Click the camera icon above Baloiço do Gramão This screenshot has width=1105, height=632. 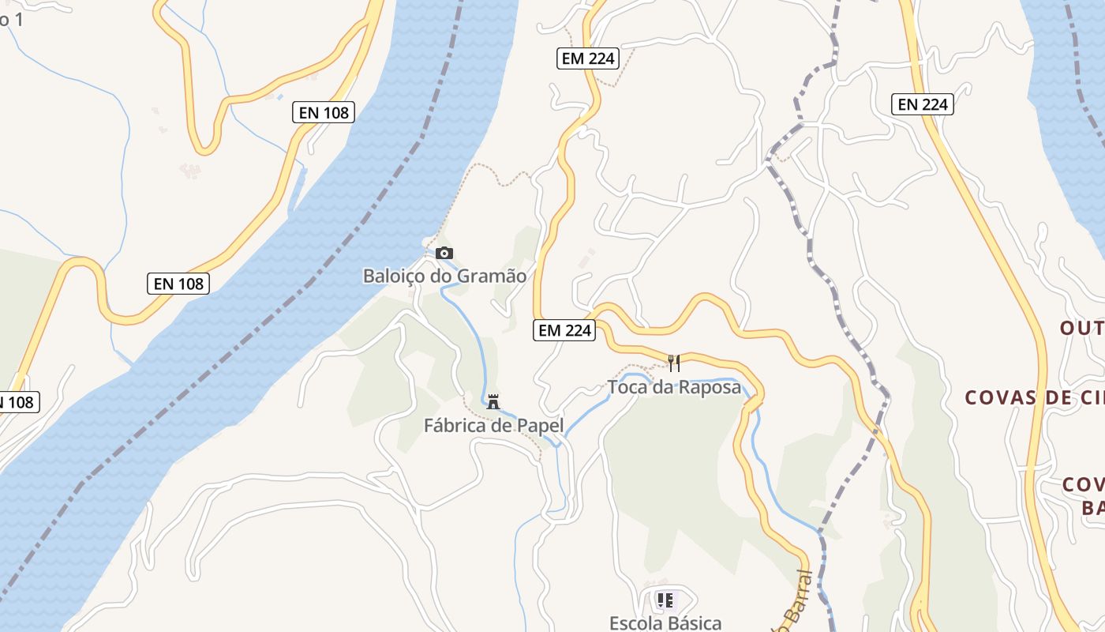[444, 253]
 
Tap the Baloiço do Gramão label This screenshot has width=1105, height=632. [444, 276]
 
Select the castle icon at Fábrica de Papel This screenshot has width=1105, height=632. [493, 401]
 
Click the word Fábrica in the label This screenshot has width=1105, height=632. [455, 426]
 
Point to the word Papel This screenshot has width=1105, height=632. [540, 426]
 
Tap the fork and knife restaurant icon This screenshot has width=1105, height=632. [674, 363]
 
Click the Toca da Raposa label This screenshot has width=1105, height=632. [674, 387]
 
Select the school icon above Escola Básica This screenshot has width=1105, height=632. [665, 600]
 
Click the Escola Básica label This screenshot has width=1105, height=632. [665, 623]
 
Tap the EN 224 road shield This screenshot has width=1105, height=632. [923, 103]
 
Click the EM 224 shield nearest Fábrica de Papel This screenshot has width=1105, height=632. [564, 330]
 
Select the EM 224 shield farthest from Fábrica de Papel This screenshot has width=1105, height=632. [586, 58]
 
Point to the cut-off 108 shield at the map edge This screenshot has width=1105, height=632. [17, 402]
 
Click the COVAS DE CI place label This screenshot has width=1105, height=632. [1034, 397]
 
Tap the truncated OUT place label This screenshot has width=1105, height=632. [1081, 328]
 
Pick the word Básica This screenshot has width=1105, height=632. [695, 623]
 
